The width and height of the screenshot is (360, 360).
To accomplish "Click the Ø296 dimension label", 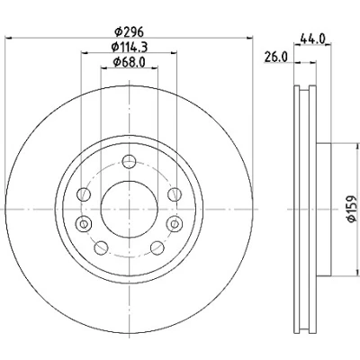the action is (x=129, y=31).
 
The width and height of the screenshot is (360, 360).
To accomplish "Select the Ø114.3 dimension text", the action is (x=129, y=47).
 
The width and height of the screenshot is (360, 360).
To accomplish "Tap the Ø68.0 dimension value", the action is (x=129, y=62).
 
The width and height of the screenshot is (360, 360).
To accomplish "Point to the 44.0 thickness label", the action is (x=312, y=39).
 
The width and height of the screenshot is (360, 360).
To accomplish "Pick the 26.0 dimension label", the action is (x=276, y=57).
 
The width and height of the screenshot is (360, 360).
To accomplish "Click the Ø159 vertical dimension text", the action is (x=352, y=209).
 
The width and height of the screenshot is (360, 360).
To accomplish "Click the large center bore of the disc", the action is (x=130, y=209).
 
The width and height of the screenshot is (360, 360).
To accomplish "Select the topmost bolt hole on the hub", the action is (x=130, y=162).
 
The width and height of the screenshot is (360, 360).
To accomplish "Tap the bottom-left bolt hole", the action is (x=101, y=247).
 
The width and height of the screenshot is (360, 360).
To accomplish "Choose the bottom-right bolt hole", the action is (x=157, y=247).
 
